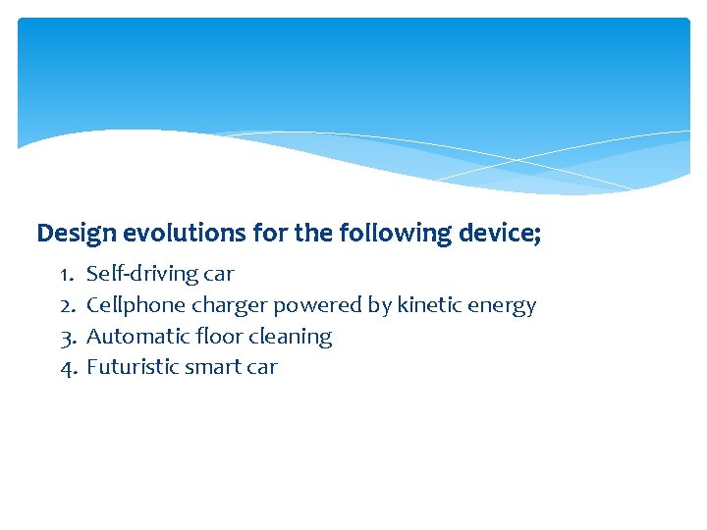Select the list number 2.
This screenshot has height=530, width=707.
point(68,305)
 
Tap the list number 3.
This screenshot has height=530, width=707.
point(68,337)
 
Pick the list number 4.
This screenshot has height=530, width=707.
point(68,367)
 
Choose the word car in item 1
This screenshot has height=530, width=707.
point(218,274)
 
